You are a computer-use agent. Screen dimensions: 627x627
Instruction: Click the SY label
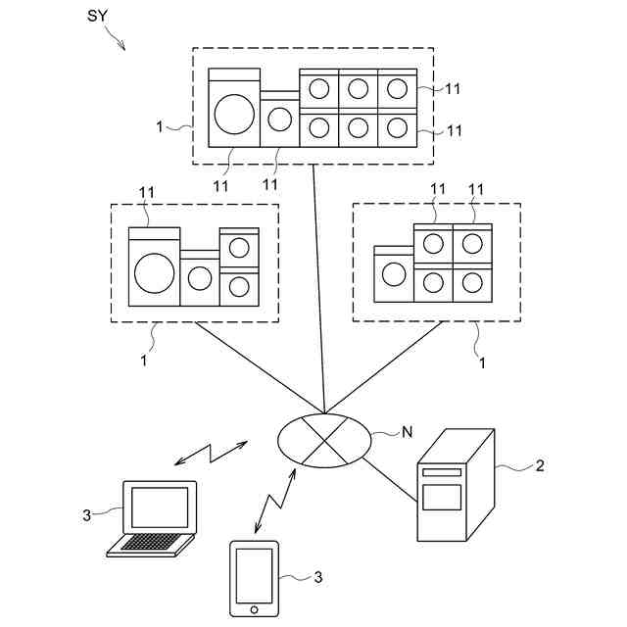pos(98,18)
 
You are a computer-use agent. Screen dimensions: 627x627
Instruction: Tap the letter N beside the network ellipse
pos(407,429)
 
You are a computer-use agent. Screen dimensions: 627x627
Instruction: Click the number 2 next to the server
pos(539,465)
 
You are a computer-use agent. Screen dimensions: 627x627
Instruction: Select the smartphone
pos(255,578)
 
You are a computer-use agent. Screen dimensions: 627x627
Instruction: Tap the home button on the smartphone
pos(255,609)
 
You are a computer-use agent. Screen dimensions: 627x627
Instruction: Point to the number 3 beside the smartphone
pos(317,577)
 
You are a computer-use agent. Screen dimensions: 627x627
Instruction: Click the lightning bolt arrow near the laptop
pos(210,453)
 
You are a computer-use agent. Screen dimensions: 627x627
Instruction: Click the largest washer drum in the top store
pos(234,112)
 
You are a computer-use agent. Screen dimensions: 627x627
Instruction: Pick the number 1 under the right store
pos(482,362)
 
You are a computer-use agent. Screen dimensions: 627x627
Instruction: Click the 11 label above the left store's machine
pos(147,192)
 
